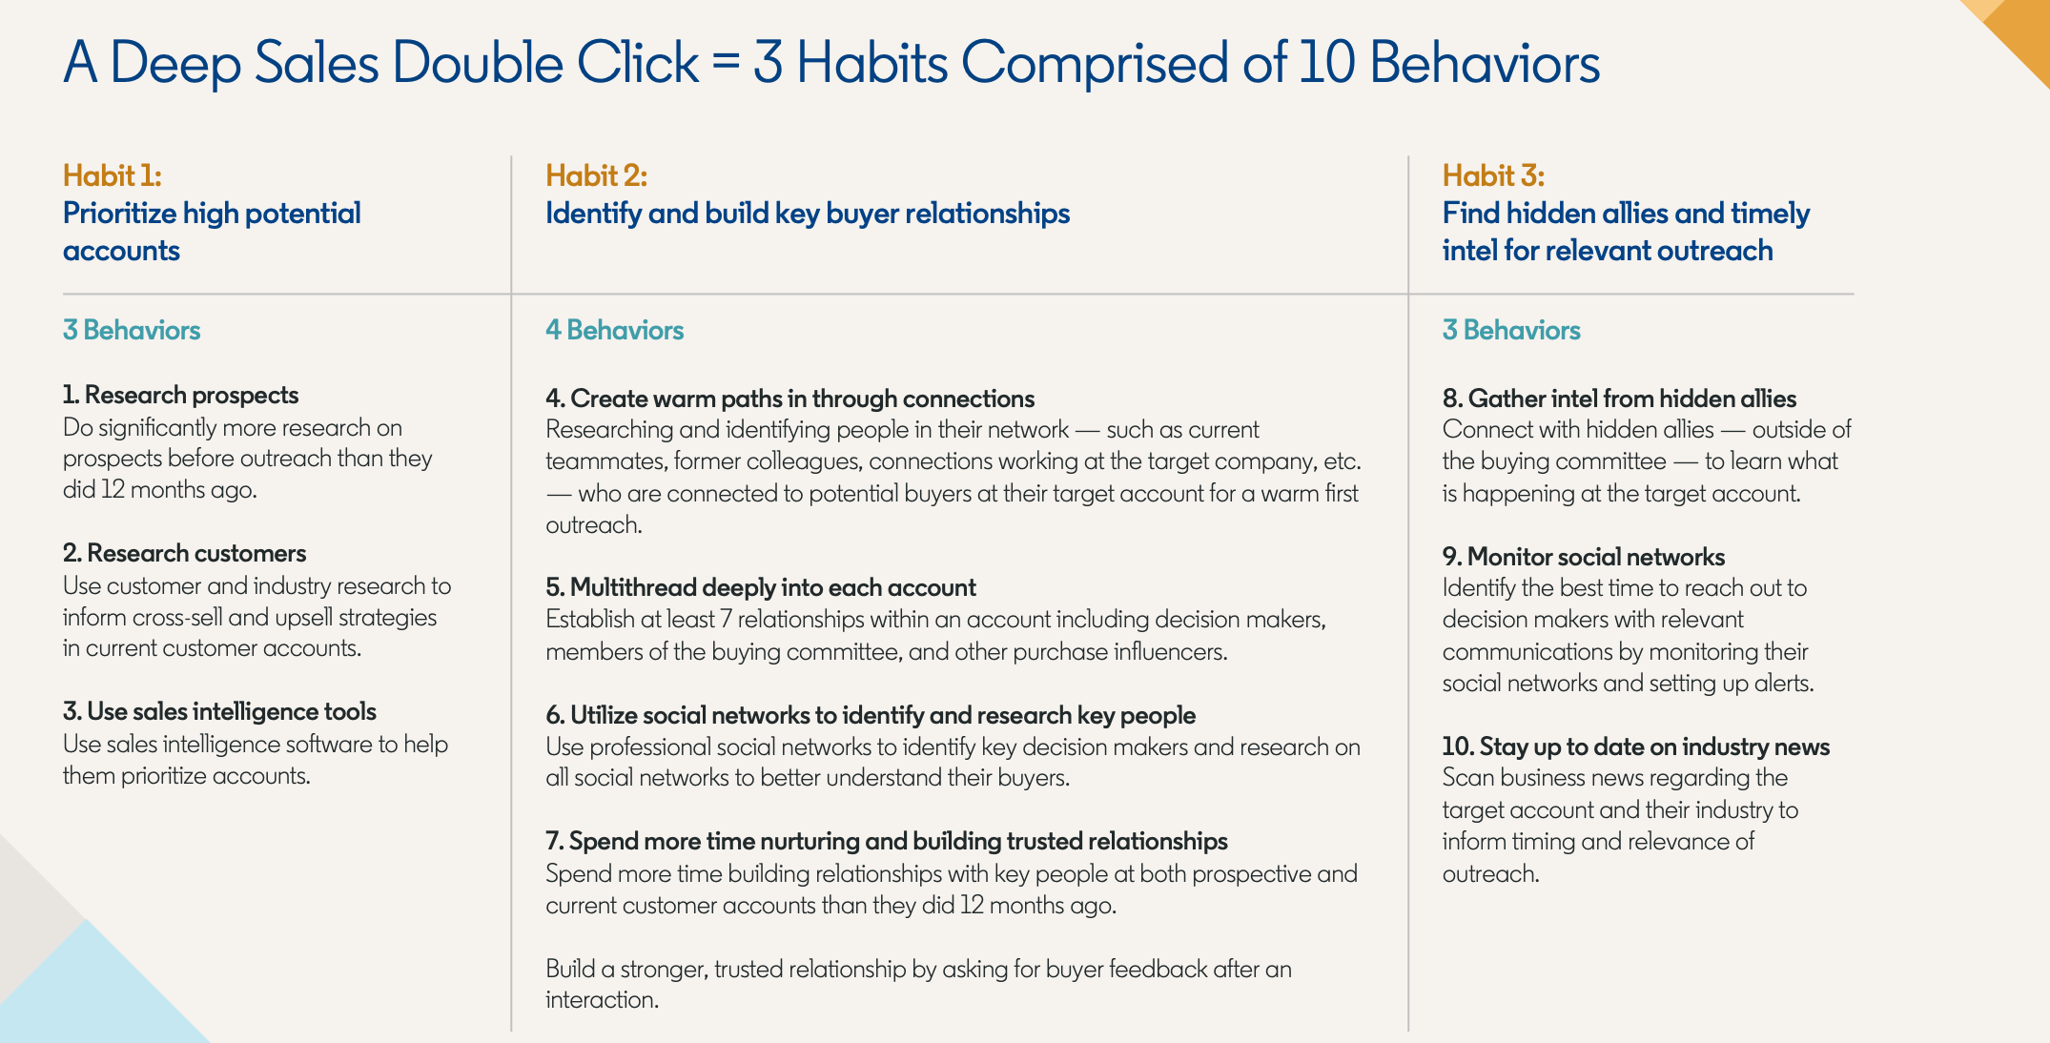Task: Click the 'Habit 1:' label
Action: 113,175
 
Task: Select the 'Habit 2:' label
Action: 596,175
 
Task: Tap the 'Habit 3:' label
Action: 1493,175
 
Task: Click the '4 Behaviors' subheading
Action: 615,330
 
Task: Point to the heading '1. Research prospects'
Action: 181,395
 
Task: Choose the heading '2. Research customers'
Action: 185,553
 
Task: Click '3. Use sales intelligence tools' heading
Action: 220,711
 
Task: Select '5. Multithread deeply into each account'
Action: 761,587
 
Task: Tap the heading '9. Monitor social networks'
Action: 1584,557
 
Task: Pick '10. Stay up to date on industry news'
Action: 1636,746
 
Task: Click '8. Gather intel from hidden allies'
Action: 1619,399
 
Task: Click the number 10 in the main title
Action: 1326,63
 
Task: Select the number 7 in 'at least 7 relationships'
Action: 726,620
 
